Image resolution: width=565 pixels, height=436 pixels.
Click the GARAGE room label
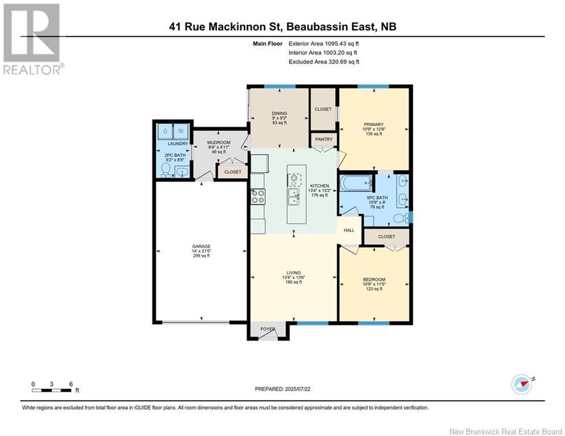(200, 246)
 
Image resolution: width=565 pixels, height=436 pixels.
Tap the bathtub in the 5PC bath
(355, 184)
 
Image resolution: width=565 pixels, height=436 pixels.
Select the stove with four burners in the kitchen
(258, 196)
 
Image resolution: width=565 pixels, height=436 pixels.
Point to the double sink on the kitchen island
(295, 197)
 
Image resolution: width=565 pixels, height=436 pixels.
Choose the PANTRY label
(323, 138)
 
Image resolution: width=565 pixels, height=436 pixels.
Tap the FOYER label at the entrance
(267, 329)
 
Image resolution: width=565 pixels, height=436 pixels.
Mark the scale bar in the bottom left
(52, 390)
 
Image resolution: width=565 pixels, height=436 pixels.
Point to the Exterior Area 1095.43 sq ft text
(324, 43)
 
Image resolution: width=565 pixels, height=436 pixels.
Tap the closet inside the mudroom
(232, 172)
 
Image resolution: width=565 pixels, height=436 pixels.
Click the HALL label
(349, 230)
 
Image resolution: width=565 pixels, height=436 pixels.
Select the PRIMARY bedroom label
(374, 124)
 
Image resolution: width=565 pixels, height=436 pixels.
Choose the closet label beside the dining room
(323, 109)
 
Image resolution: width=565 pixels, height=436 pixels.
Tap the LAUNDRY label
(173, 144)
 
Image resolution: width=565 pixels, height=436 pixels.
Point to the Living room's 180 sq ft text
(294, 282)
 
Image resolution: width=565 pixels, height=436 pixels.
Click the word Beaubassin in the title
(316, 26)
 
